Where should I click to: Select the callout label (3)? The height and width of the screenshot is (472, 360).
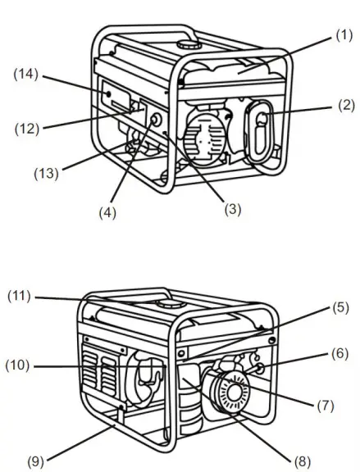click(x=234, y=209)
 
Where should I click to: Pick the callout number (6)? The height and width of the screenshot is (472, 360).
click(x=341, y=354)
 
